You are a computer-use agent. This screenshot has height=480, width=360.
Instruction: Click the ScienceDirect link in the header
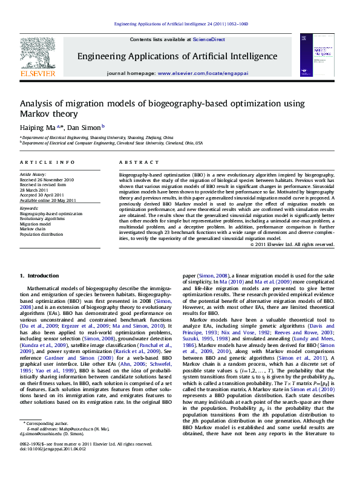208,39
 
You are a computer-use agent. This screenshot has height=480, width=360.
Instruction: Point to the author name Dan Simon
83,128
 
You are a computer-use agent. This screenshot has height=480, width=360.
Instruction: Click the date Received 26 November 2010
47,180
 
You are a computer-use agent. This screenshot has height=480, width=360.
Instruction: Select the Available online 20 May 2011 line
48,199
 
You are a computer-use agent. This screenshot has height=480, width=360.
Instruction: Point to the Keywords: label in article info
28,209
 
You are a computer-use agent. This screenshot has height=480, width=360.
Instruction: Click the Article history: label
33,175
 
